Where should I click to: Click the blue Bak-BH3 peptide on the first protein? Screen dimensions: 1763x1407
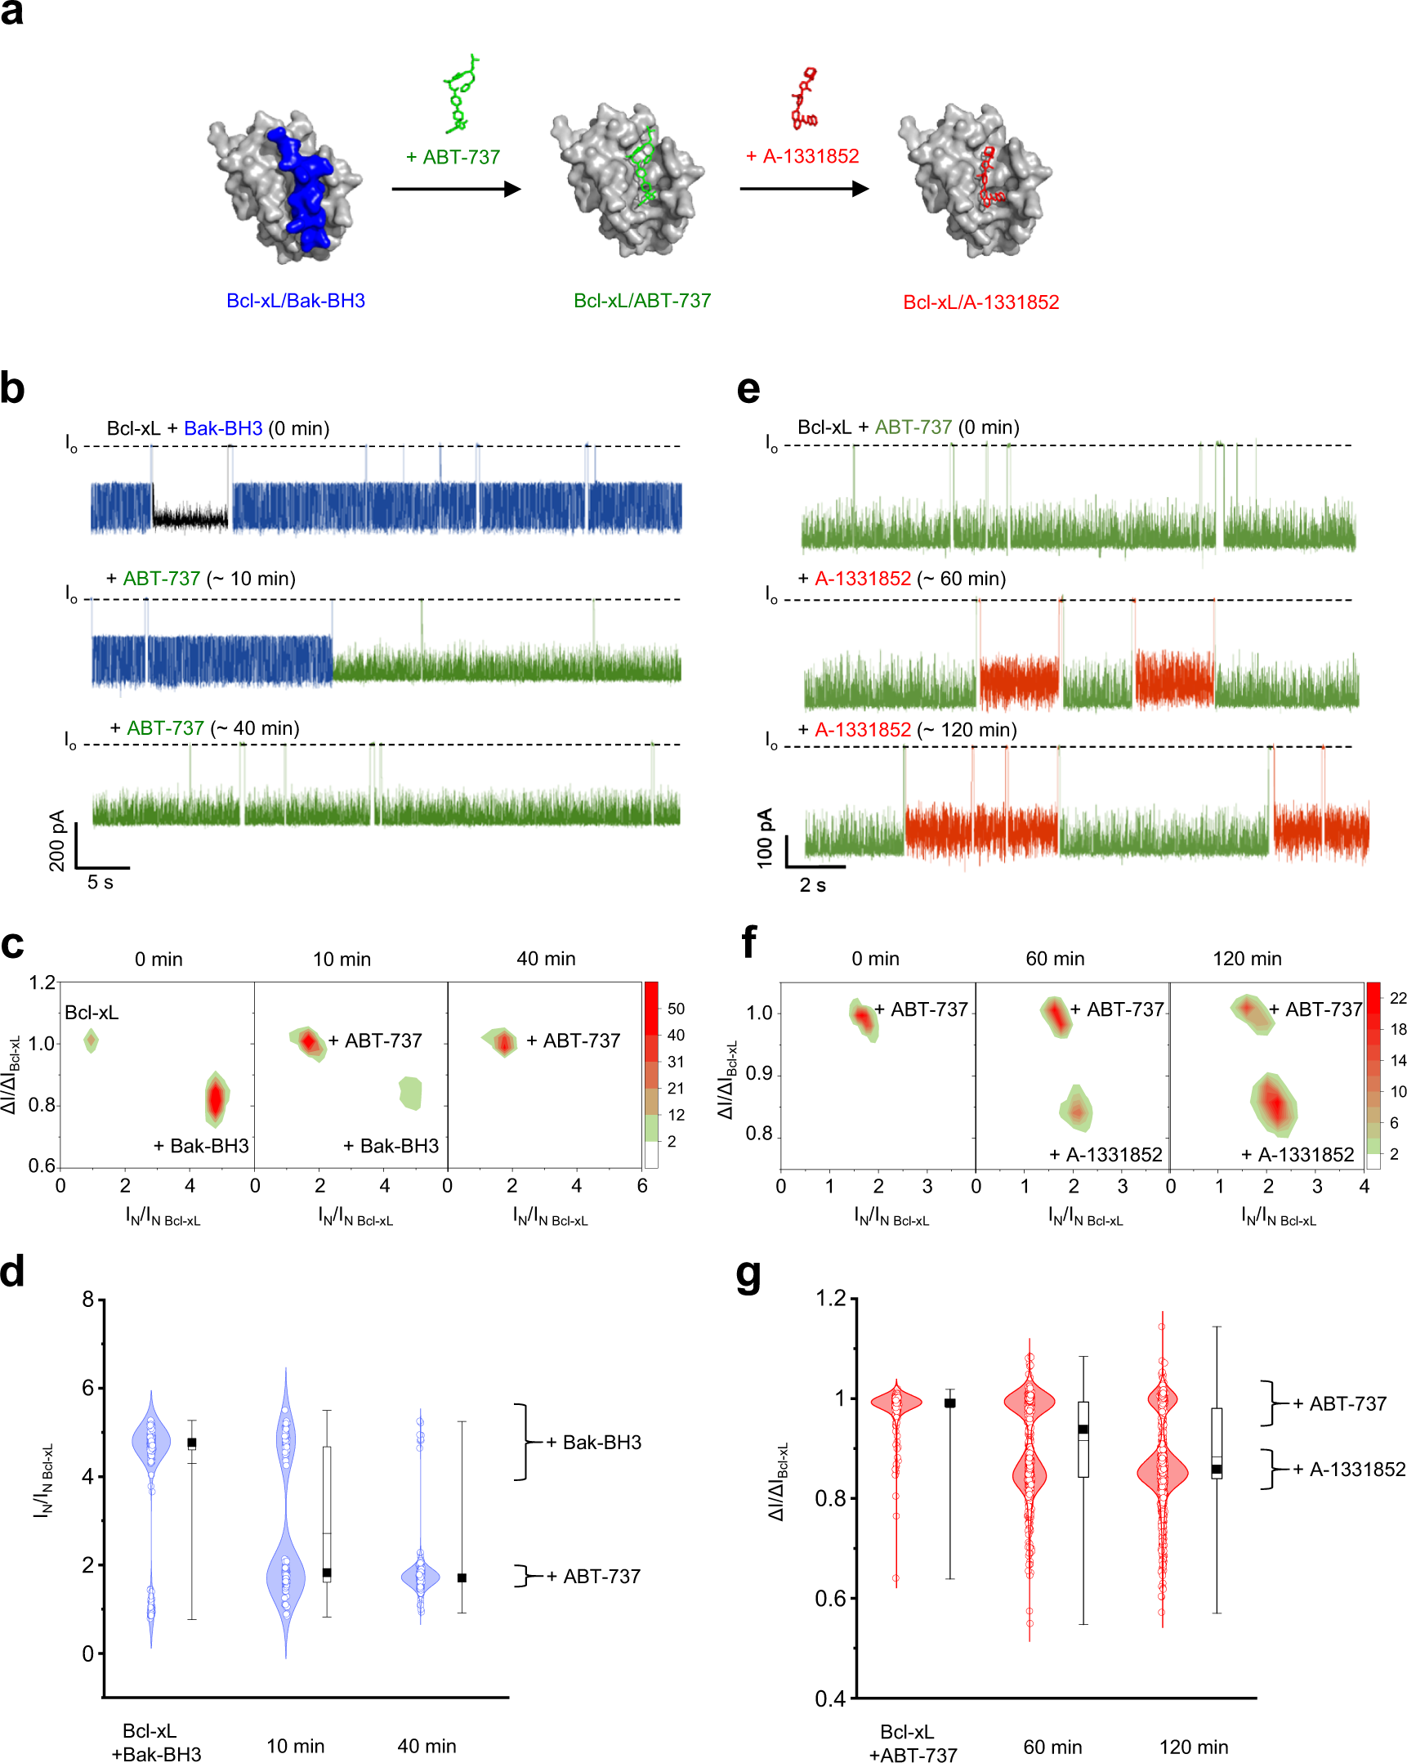click(x=302, y=188)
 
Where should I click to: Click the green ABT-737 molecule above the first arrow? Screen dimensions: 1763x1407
click(x=460, y=94)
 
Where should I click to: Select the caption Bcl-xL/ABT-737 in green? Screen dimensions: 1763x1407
click(x=641, y=301)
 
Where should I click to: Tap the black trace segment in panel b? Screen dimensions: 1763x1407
click(x=190, y=517)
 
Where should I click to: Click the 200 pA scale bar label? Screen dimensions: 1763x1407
click(x=56, y=839)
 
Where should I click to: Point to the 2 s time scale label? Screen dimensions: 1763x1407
click(x=812, y=885)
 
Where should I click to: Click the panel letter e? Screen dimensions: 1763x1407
click(x=748, y=389)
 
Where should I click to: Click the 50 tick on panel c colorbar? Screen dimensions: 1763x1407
click(x=675, y=1009)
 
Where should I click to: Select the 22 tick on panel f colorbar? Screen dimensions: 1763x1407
click(x=1398, y=998)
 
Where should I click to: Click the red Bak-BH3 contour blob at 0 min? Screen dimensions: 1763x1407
click(x=216, y=1099)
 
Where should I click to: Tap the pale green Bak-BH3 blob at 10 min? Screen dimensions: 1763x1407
click(x=410, y=1093)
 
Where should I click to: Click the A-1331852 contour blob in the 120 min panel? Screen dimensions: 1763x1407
click(x=1273, y=1104)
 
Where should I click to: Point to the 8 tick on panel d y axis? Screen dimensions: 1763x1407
click(x=88, y=1299)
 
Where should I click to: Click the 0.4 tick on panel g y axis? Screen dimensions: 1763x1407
click(x=830, y=1698)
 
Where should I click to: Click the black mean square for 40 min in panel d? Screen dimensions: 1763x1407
click(x=462, y=1577)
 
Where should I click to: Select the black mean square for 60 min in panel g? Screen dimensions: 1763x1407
click(x=1083, y=1430)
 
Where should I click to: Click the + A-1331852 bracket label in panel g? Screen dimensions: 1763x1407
click(x=1348, y=1470)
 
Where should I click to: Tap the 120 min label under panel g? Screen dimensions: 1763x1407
click(x=1193, y=1747)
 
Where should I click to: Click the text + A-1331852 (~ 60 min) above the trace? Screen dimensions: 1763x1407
click(x=902, y=579)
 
